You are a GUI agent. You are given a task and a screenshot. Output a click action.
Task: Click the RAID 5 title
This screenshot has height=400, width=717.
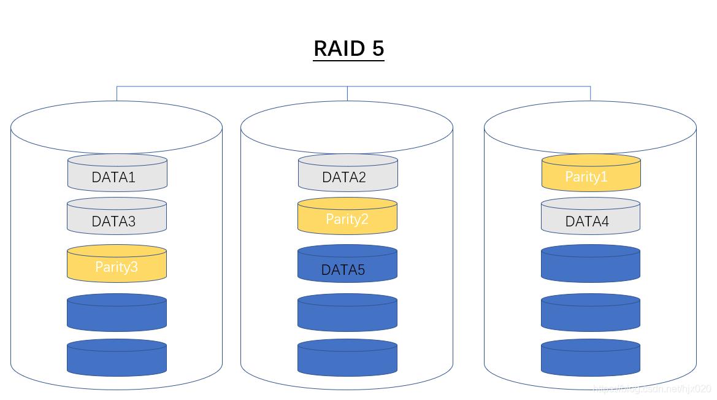point(348,48)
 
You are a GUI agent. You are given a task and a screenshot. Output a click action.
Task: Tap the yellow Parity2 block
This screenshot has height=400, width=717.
point(347,217)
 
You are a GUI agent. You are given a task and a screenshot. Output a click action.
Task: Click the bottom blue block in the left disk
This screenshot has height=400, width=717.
point(117,358)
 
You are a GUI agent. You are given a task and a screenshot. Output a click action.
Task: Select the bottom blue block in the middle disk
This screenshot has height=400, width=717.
point(347,358)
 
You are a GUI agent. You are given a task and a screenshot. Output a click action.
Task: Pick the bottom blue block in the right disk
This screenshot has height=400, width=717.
point(590,358)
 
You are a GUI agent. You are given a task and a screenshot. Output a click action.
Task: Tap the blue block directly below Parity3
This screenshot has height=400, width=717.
point(117,313)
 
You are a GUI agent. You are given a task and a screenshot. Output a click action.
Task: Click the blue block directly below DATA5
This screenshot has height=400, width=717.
point(347,313)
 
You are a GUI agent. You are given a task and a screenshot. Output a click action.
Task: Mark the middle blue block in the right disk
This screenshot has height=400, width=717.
point(590,313)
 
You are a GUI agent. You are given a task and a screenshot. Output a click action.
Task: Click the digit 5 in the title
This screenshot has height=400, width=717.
point(377,48)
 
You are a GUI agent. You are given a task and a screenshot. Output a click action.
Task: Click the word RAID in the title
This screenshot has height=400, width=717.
point(339,48)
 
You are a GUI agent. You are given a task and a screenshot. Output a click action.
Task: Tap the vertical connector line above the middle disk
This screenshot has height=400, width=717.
point(347,93)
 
